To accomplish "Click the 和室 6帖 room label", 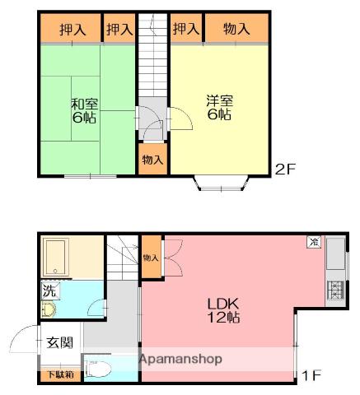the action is click(84, 110).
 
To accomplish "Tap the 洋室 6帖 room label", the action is click(219, 107).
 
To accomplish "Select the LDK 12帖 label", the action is click(223, 310).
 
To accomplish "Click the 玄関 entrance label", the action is click(60, 342).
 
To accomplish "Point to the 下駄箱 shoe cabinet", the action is click(61, 375).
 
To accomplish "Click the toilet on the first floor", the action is click(98, 369).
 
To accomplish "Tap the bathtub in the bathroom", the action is click(56, 257).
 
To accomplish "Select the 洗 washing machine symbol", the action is click(50, 290).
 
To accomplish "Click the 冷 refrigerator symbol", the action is click(314, 242).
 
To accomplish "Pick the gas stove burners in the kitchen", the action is click(335, 290).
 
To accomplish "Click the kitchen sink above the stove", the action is click(335, 253).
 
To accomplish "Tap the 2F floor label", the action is click(285, 170).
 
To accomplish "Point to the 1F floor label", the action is click(311, 375).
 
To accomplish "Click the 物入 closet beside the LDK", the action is click(151, 257).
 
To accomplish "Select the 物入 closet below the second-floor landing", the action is click(152, 159).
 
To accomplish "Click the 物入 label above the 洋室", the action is click(236, 29).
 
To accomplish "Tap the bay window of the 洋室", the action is click(222, 183).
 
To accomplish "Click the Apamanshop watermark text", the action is click(180, 359).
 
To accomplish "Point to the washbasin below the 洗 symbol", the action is click(49, 310).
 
